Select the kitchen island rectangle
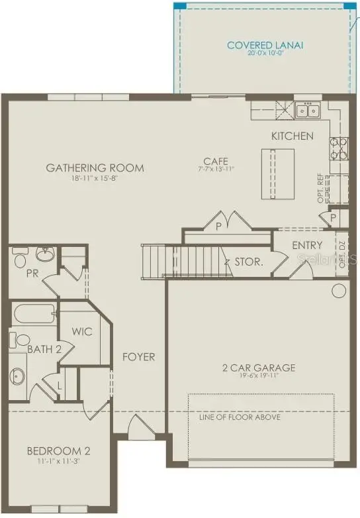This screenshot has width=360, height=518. coord(277,173)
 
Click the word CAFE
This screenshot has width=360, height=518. coord(216,161)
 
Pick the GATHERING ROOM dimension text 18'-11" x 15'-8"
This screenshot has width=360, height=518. coord(95,179)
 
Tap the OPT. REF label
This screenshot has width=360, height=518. coord(320,190)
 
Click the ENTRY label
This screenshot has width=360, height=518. coord(307,246)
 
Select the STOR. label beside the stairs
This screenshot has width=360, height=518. coord(249,262)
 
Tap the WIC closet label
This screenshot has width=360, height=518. coord(83,331)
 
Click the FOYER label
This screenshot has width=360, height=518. coord(138,357)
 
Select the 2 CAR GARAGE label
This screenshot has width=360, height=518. coord(258,368)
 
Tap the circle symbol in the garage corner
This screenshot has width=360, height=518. coord(339,290)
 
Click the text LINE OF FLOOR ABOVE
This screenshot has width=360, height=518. coord(240,417)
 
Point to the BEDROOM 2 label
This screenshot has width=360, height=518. coord(58,452)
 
